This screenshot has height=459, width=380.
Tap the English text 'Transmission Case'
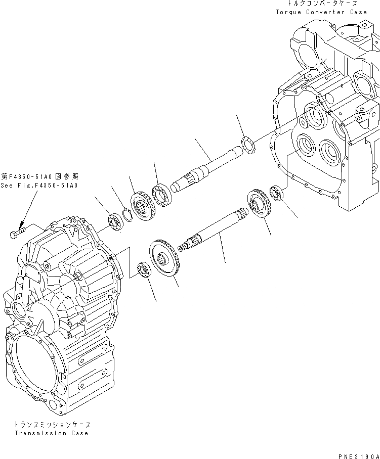pyautogui.click(x=51, y=433)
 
